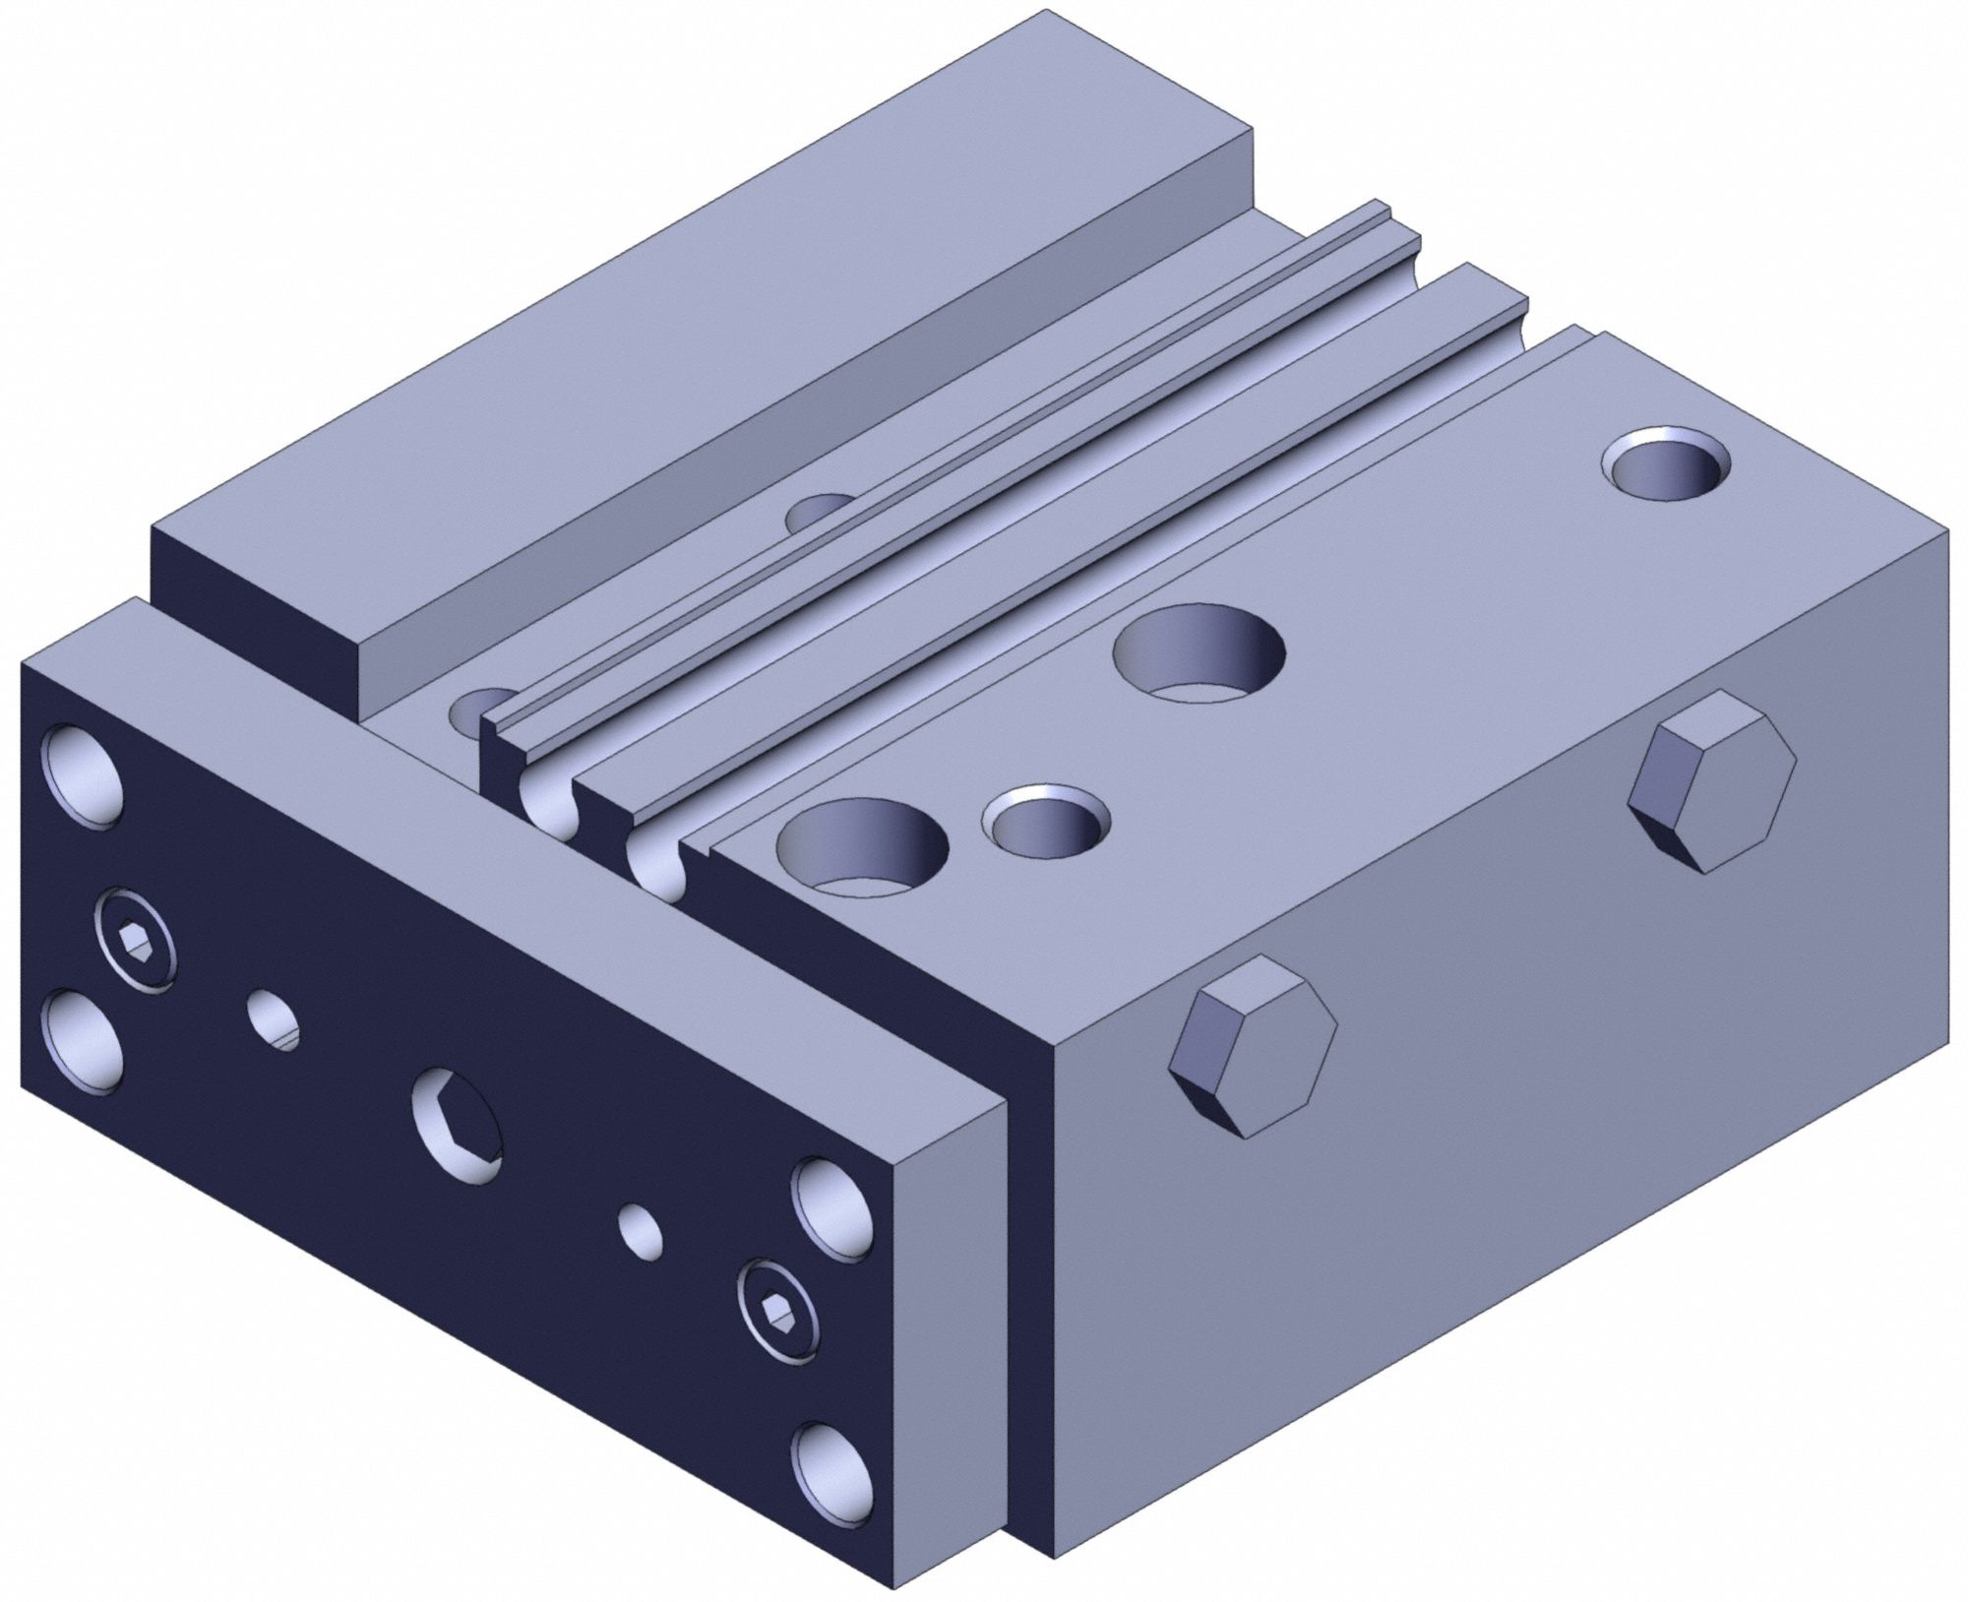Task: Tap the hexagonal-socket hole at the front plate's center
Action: [457, 1125]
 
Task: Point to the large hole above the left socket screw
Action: [83, 771]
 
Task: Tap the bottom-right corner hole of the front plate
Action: [834, 1468]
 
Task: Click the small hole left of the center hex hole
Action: [273, 1019]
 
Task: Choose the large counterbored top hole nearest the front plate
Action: [862, 847]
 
